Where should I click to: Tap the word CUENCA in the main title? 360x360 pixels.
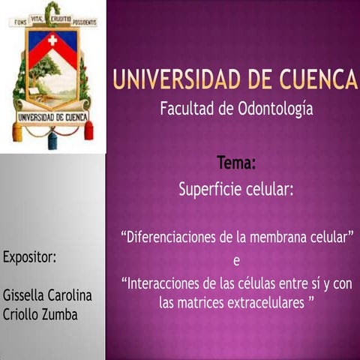[318, 79]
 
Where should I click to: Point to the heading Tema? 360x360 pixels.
[235, 162]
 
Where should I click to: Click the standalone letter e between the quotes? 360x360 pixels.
[236, 261]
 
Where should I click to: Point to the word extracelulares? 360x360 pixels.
[268, 302]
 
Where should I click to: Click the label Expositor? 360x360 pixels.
[30, 257]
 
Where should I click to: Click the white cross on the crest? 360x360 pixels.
[52, 40]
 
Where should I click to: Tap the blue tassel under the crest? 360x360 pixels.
[52, 139]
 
